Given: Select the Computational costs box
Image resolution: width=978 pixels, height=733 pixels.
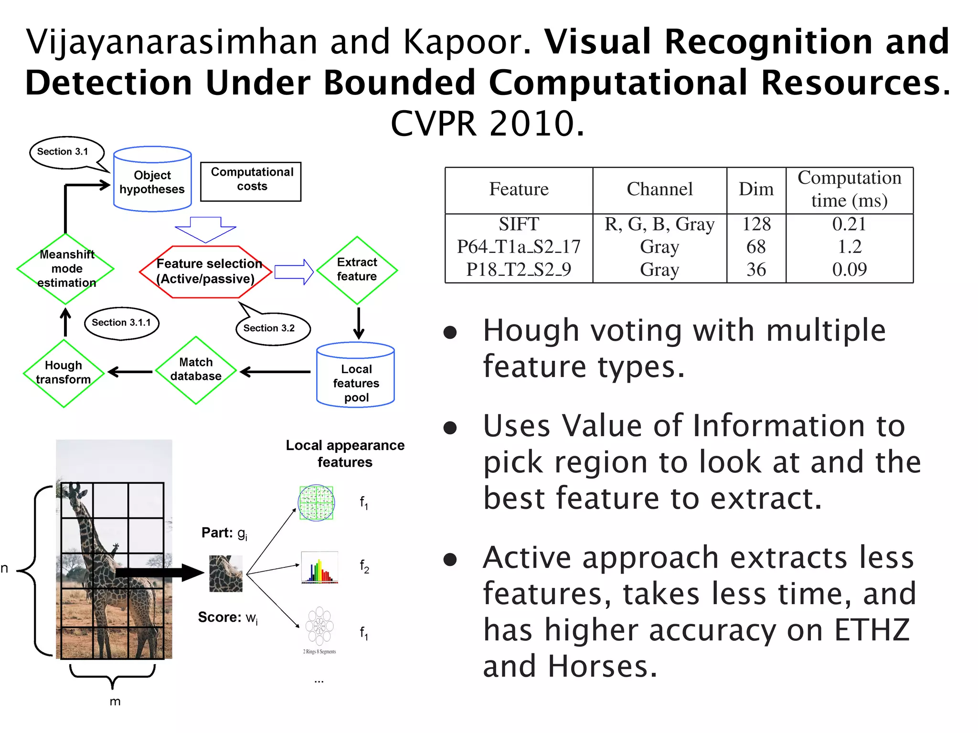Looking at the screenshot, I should (x=251, y=181).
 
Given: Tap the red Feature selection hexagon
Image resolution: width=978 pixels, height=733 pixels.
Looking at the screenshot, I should (x=206, y=272).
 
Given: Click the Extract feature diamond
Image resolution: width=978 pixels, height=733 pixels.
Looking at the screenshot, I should (x=357, y=270).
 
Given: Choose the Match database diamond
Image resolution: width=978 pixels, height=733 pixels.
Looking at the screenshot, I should (x=196, y=370).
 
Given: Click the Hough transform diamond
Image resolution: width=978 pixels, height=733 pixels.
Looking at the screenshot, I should (x=64, y=373).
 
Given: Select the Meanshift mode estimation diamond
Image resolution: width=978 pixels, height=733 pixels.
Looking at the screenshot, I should (x=66, y=269).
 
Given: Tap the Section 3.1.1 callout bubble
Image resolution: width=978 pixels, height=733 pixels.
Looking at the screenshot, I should (x=121, y=323).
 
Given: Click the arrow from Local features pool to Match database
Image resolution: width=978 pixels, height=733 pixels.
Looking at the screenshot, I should (x=275, y=372).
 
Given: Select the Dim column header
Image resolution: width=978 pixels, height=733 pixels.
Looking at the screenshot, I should (x=756, y=189).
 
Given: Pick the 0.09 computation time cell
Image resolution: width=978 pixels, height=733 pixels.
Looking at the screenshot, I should (x=849, y=270).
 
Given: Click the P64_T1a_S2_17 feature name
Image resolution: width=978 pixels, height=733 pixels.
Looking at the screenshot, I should (x=519, y=247).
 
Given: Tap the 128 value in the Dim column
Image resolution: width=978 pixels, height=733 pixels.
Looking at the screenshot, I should (x=756, y=224).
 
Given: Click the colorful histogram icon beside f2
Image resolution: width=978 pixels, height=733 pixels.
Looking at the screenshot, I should (x=319, y=567).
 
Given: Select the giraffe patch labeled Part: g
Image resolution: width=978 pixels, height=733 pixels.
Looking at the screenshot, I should (x=226, y=573).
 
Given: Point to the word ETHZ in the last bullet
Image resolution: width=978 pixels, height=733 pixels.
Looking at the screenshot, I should (x=872, y=630).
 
